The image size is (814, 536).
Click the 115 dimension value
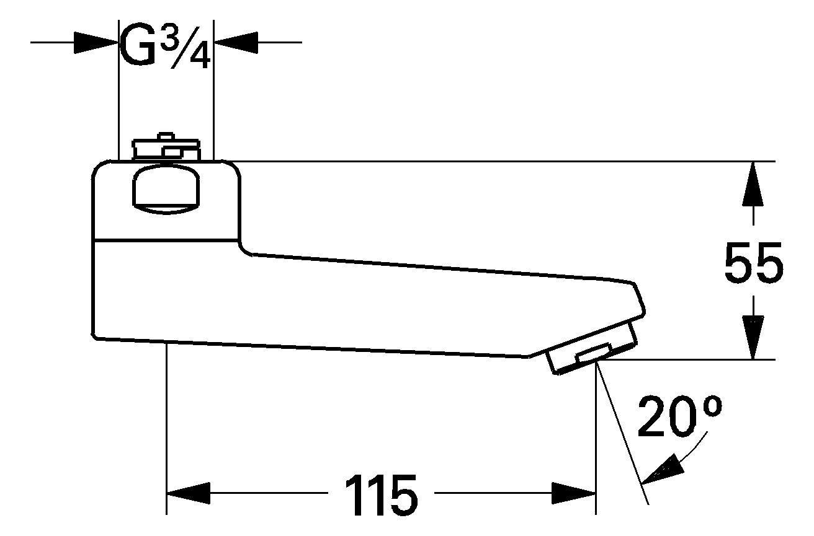click(x=381, y=494)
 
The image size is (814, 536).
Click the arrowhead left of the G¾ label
click(x=96, y=43)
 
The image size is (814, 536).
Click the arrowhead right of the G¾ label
click(x=236, y=43)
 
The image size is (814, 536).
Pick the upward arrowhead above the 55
click(x=753, y=183)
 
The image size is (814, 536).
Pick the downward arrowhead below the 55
click(x=753, y=338)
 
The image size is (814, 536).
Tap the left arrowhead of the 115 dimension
click(x=189, y=494)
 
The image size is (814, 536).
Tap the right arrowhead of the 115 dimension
click(x=574, y=494)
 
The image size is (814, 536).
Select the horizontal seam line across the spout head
click(x=166, y=239)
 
